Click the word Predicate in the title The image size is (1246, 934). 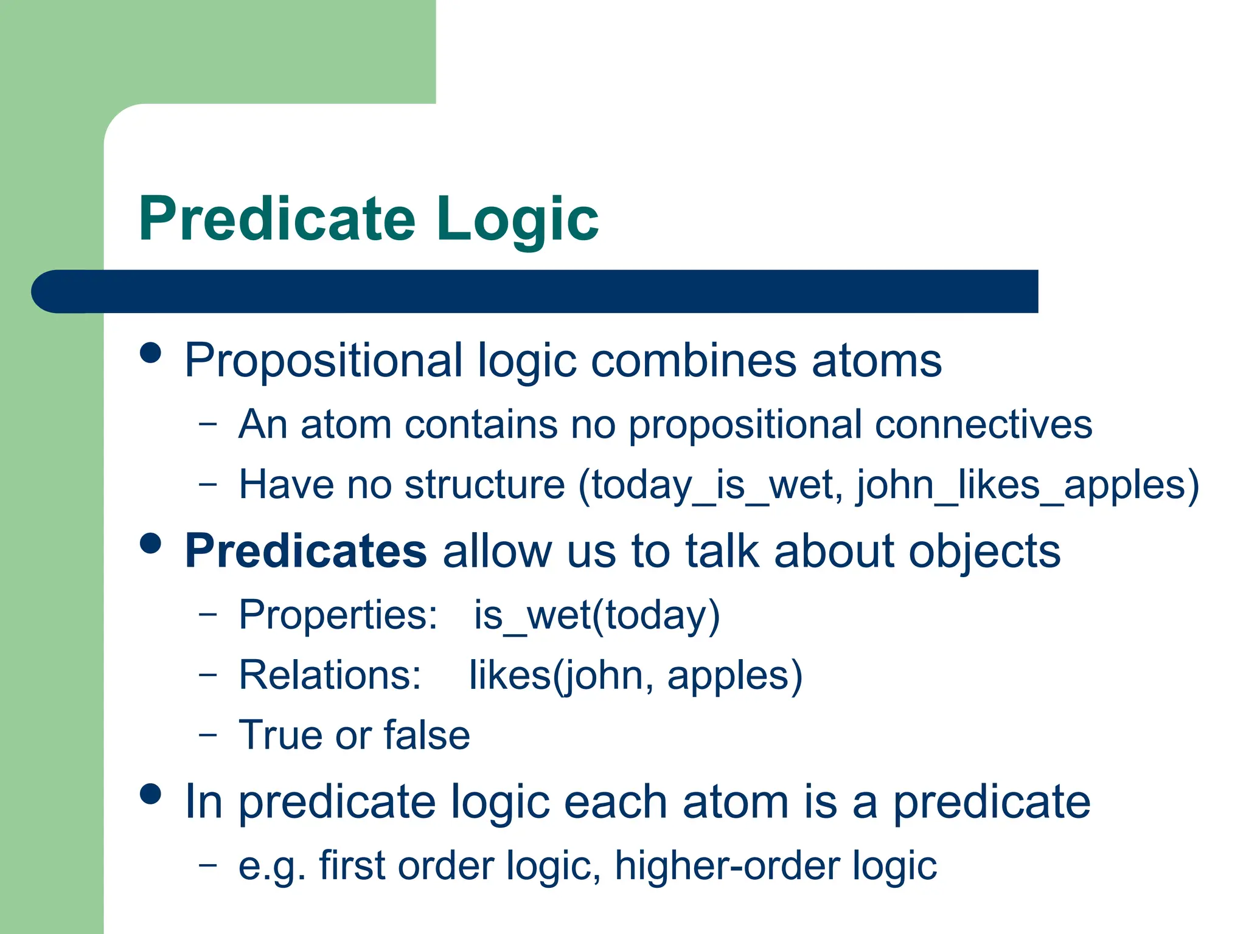tap(277, 219)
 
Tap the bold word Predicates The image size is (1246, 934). tap(305, 551)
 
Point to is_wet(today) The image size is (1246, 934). tap(597, 615)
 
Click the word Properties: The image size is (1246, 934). tap(338, 615)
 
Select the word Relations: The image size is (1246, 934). tap(330, 675)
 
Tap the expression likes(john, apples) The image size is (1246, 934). tap(635, 675)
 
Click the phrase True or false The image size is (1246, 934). tap(354, 735)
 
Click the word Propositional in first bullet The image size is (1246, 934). tap(323, 361)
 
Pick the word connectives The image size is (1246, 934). tap(983, 424)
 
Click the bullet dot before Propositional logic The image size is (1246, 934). tap(150, 353)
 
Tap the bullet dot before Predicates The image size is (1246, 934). tap(150, 543)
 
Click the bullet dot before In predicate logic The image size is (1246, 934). tap(150, 794)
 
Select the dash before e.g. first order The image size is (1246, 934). tap(207, 863)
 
